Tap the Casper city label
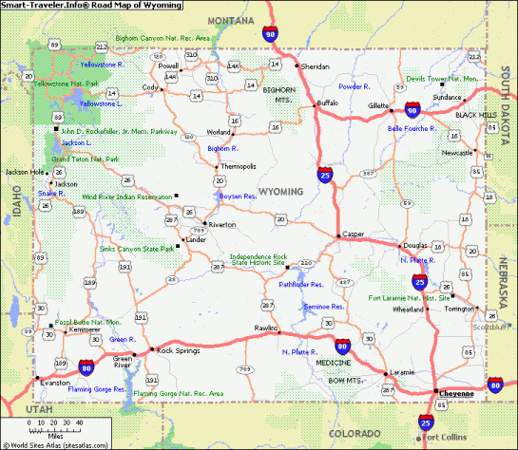(x=354, y=234)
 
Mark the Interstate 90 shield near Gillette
(x=412, y=110)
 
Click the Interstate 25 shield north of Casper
(x=325, y=175)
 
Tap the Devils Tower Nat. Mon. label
(x=440, y=79)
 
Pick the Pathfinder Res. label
(x=301, y=283)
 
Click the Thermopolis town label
(x=238, y=166)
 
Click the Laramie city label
(x=401, y=373)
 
